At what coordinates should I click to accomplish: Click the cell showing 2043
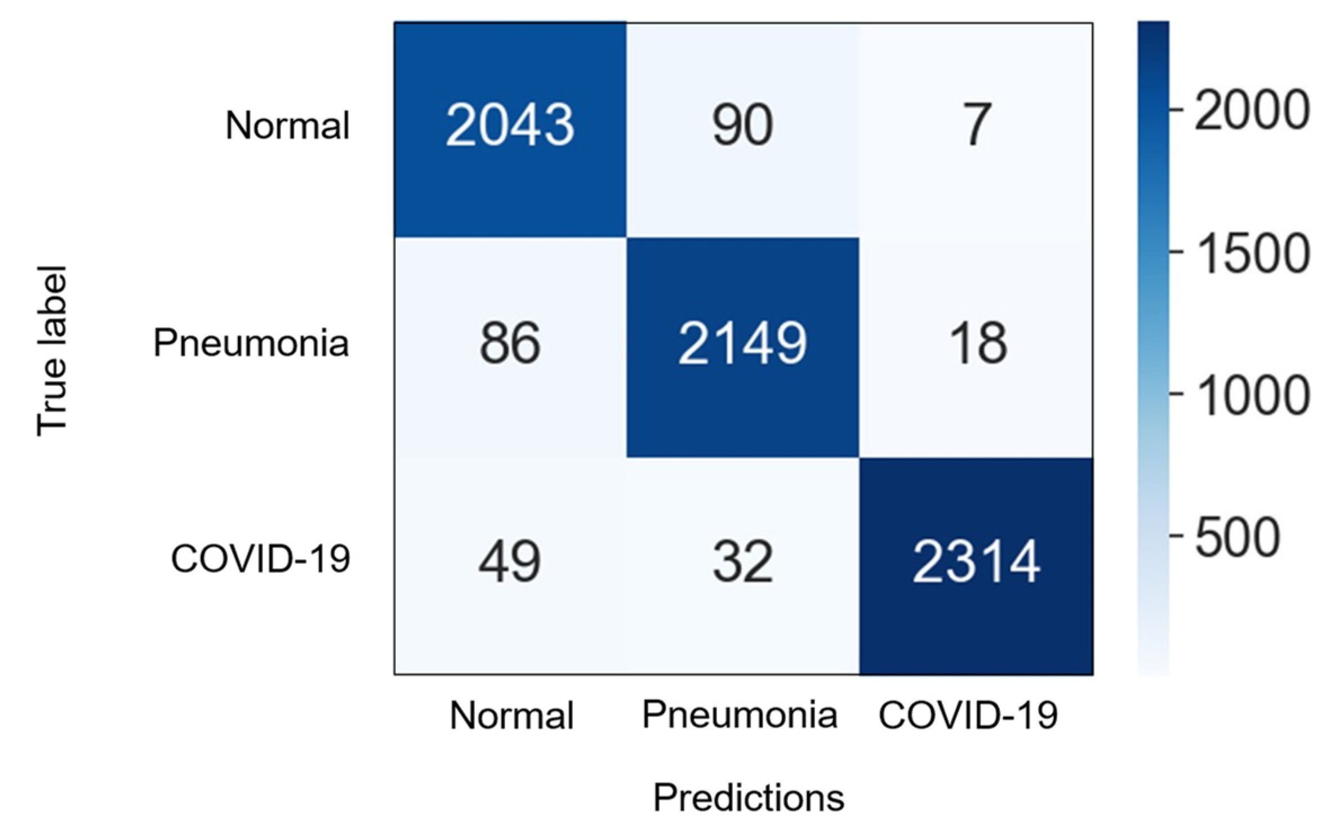[x=510, y=126]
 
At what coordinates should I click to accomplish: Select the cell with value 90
[x=742, y=126]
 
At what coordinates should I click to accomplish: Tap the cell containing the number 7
[x=976, y=126]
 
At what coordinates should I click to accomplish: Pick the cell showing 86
[x=510, y=343]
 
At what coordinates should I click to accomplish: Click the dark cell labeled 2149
[x=742, y=343]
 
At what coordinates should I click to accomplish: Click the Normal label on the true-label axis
[x=287, y=126]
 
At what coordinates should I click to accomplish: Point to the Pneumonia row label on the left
[x=251, y=343]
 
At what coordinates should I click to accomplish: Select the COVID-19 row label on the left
[x=261, y=559]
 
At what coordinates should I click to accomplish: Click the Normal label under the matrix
[x=511, y=716]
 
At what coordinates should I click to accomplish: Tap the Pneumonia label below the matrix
[x=740, y=716]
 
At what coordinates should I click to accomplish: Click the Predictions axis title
[x=749, y=798]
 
